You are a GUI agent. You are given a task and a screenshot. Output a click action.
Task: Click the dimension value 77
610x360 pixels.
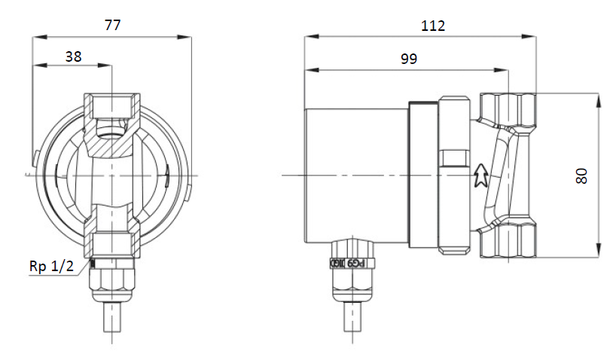(x=111, y=25)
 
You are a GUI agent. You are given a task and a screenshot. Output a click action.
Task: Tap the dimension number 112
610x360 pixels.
(x=433, y=26)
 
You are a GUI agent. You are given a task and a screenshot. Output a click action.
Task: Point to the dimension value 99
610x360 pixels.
(x=408, y=59)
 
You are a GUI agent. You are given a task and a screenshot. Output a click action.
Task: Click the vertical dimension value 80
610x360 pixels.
(x=581, y=175)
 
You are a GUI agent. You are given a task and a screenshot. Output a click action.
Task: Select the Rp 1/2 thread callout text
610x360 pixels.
(x=51, y=267)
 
